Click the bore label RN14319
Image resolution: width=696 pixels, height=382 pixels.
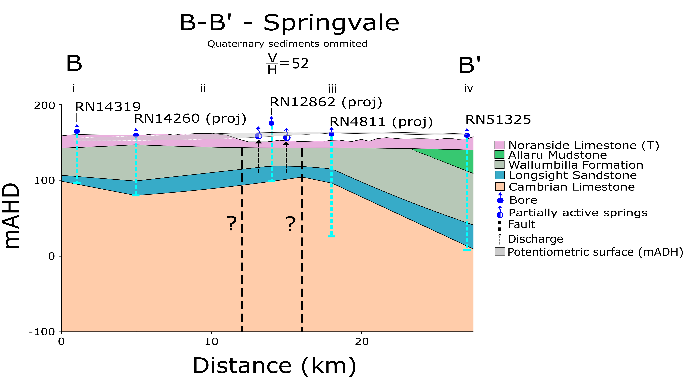pos(108,107)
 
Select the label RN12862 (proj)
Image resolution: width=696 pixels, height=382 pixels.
pos(326,102)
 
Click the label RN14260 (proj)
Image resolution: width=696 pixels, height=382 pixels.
pos(190,118)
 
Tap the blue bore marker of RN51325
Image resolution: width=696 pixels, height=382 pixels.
pos(467,135)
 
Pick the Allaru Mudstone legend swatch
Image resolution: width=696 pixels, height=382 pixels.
pos(499,155)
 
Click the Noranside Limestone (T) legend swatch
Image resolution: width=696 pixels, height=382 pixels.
pos(499,145)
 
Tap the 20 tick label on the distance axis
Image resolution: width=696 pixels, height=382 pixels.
pos(362,342)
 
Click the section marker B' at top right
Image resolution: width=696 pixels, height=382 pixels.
pos(470,65)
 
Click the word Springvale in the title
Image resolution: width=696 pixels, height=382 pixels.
pos(331,23)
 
